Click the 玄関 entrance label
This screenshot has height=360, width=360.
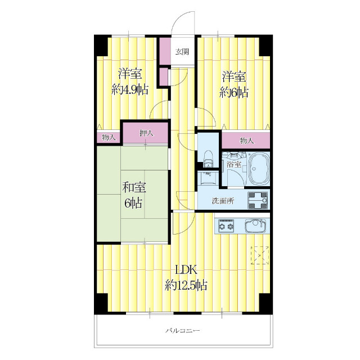tap(182, 52)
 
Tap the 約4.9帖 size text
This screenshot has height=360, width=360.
tap(130, 89)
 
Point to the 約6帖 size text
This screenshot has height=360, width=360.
tap(234, 92)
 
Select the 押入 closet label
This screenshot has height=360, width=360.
tap(146, 133)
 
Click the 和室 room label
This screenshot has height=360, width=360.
tap(134, 187)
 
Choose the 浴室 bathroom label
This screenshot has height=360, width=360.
tap(234, 164)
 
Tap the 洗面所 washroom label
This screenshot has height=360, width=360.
tap(223, 201)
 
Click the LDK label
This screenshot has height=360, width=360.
tap(186, 270)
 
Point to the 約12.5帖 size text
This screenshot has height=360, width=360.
tap(186, 285)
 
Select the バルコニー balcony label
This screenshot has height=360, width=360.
tap(183, 331)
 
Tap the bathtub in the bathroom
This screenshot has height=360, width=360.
tap(259, 169)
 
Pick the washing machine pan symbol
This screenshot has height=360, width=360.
tap(258, 200)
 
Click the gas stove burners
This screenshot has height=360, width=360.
tap(226, 226)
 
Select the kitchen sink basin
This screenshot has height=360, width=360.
tap(255, 226)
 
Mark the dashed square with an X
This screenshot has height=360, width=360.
tap(260, 255)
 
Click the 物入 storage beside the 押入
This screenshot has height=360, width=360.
tap(109, 138)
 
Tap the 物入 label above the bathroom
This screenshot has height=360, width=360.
tap(246, 141)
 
